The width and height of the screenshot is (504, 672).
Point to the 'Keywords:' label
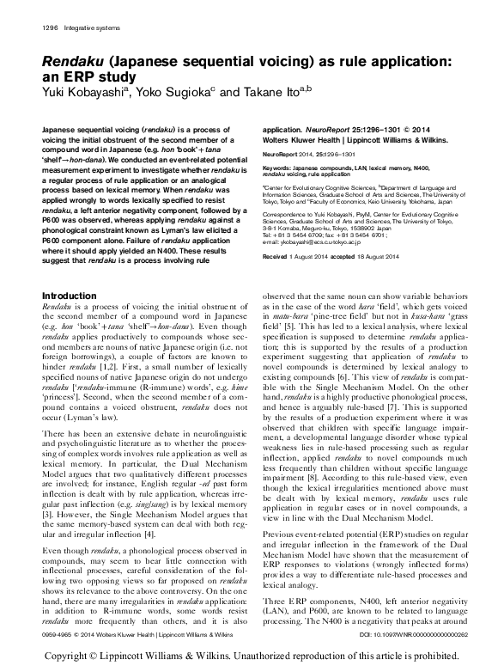tap(279, 167)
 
